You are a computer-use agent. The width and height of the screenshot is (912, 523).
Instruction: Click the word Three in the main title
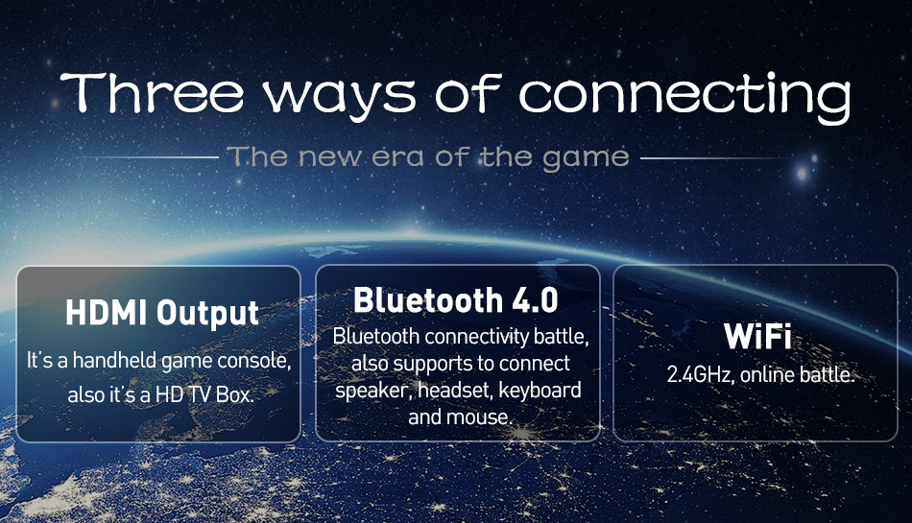pyautogui.click(x=153, y=93)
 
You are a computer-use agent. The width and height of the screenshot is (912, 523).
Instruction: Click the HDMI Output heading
pyautogui.click(x=162, y=313)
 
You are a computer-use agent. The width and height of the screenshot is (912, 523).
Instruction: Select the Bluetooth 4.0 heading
pyautogui.click(x=455, y=299)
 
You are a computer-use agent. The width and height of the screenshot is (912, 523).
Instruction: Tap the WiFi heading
pyautogui.click(x=757, y=336)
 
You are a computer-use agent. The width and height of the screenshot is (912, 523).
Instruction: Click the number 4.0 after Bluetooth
pyautogui.click(x=535, y=300)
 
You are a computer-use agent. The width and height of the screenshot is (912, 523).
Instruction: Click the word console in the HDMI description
pyautogui.click(x=254, y=362)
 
